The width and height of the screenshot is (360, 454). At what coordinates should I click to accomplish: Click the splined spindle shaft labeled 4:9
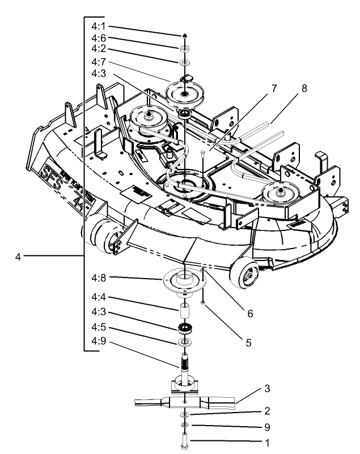pos(185,363)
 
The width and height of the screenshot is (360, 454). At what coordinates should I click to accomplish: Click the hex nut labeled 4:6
pos(185,49)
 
